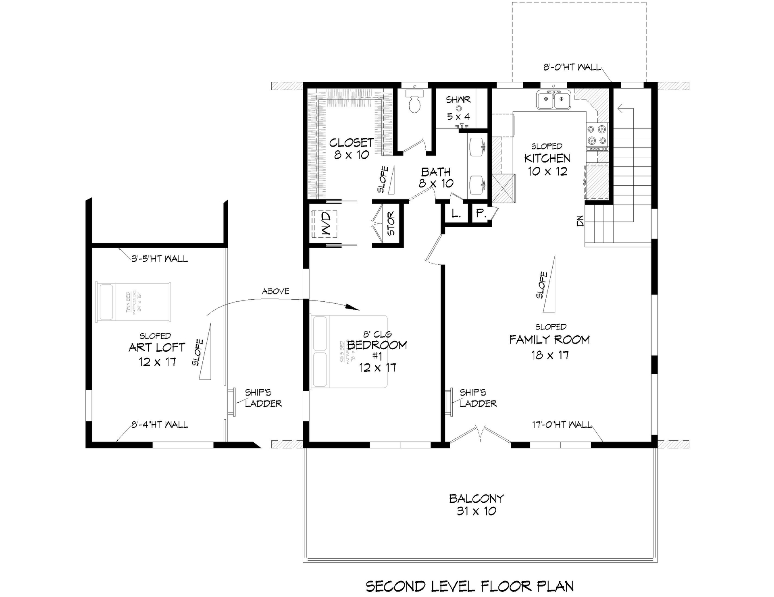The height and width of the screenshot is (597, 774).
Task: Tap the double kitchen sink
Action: click(554, 100)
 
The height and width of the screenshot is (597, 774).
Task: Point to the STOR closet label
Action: click(391, 224)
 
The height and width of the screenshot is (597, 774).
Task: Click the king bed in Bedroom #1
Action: click(349, 352)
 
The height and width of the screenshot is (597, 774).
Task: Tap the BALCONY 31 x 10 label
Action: click(476, 505)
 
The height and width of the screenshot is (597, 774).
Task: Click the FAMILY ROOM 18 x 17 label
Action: click(549, 347)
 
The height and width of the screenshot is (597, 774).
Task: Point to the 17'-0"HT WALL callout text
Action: click(562, 425)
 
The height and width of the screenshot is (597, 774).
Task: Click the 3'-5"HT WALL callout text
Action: click(160, 259)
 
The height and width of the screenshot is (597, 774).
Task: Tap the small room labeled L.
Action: click(456, 214)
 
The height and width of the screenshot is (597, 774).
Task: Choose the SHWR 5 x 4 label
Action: click(458, 108)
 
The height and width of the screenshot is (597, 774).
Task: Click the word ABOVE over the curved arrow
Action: click(275, 291)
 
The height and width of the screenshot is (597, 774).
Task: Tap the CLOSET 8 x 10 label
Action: click(352, 148)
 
